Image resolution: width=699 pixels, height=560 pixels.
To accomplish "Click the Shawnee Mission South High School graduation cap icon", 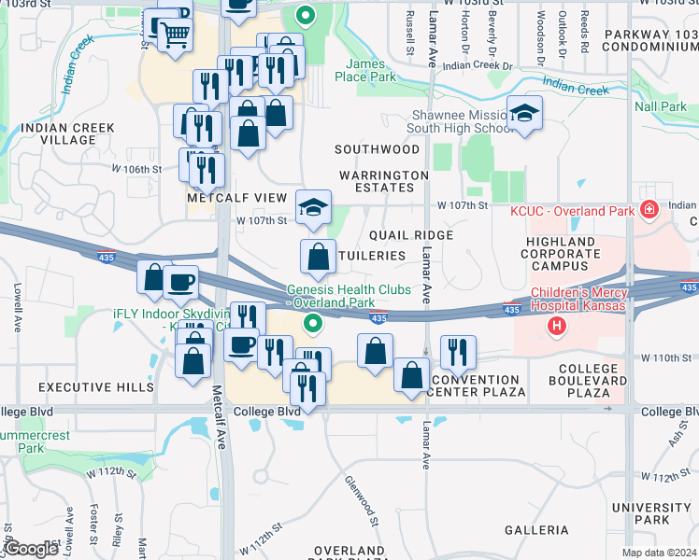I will coord(525,113).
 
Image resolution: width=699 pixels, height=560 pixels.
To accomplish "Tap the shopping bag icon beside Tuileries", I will coord(318,256).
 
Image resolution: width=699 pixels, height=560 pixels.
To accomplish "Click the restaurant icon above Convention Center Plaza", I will coord(458,352).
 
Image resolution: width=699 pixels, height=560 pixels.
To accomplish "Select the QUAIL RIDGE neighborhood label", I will coord(410,235).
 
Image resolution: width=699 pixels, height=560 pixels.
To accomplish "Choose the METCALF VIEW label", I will coord(236,198).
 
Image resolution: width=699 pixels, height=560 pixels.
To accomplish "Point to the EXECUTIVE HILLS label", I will coord(83,386).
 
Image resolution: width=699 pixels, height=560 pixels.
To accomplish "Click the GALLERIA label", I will coord(536,530).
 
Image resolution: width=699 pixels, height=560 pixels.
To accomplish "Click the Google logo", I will coord(31,549).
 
